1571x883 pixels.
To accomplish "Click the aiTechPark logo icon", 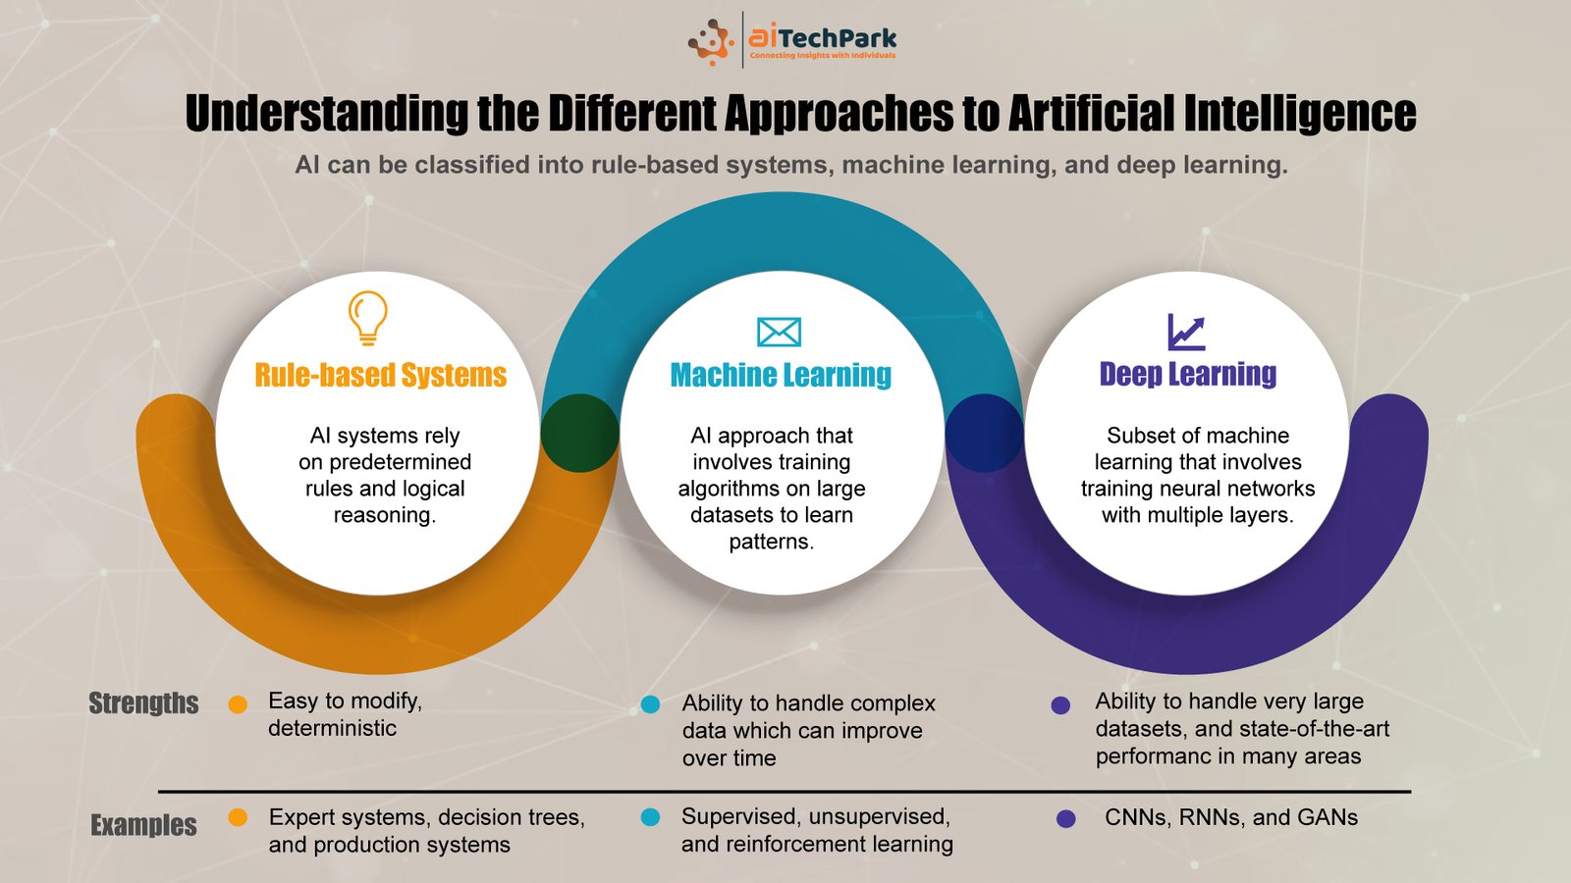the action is [x=711, y=42].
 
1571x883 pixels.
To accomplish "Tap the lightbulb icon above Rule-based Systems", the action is [x=367, y=318].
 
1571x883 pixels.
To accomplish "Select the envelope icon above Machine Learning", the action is [x=779, y=332].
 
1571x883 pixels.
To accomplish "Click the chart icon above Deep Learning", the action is [x=1186, y=332].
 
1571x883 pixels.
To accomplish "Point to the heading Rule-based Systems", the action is [x=380, y=375].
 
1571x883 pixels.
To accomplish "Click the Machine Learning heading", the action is [x=781, y=375].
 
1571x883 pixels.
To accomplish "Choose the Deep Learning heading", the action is [x=1187, y=374].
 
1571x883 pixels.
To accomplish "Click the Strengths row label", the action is [x=143, y=702].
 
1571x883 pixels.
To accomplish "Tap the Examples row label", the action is [x=143, y=825].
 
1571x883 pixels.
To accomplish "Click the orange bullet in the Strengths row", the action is [x=238, y=704].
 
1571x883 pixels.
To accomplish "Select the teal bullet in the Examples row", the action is [x=650, y=817].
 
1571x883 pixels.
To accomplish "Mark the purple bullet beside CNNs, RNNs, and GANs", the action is [x=1066, y=818].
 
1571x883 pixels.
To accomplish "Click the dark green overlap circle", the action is [x=580, y=433].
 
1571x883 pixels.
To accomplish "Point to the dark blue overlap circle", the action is [x=985, y=433].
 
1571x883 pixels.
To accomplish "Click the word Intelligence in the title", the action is [x=1300, y=113].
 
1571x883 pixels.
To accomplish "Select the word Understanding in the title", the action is [x=327, y=113].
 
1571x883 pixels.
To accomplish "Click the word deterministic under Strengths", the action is [x=333, y=728].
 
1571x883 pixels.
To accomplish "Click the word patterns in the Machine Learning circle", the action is [x=772, y=542].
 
